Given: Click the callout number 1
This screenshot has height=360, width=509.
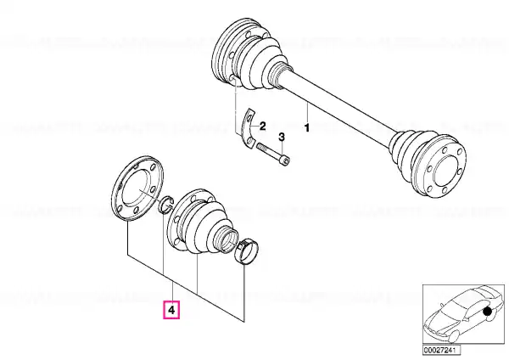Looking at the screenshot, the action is pos(306,127).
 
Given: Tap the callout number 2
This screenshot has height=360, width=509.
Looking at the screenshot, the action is pos(262,126).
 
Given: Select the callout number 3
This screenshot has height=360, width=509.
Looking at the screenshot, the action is pos(282,137).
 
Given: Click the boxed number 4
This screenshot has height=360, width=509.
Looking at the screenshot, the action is pos(171,310).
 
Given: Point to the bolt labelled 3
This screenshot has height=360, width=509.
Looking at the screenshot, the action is pos(273,154).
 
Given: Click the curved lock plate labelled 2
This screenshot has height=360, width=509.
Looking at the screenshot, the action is pos(249,128).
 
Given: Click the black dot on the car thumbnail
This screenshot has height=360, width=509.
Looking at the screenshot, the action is pos(487,312).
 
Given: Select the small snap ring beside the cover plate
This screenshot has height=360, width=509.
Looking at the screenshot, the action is pos(166,205).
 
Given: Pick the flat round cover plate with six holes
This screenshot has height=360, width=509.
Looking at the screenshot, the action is pos(137,188).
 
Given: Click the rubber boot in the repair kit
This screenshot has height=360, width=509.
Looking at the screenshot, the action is pos(201,221).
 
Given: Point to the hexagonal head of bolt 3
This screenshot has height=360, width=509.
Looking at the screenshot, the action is pos(285,160).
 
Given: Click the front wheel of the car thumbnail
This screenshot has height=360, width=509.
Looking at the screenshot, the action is pos(452,337).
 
